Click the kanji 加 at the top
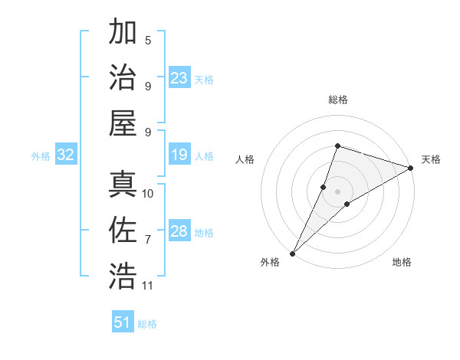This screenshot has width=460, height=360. pos(123,33)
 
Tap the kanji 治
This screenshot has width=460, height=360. pos(123,77)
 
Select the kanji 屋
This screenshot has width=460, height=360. pos(123,122)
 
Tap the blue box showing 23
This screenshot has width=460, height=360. pos(179,78)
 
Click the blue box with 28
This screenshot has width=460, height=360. pos(179,231)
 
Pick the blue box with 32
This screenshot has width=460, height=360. pos(65,155)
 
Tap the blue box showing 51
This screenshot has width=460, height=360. pos(123,322)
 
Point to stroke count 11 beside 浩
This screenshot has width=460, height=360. pos(148,286)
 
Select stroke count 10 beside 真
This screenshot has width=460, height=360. pos(148,194)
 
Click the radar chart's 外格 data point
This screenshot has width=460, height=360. pos(293,253)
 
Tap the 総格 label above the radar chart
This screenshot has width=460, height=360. pos(338,100)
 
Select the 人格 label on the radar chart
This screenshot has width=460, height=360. pos(245,159)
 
